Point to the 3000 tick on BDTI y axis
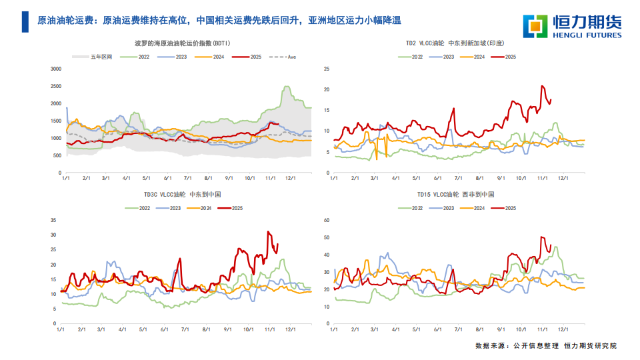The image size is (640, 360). coord(56,69)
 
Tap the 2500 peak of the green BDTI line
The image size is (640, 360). coord(287,87)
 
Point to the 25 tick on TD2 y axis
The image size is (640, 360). coord(326,69)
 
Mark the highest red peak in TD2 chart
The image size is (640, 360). coord(542,86)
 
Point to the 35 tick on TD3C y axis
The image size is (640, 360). coord(53,220)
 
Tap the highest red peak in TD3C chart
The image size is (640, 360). coord(268,232)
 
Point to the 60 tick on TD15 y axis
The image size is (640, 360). coord(326,220)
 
